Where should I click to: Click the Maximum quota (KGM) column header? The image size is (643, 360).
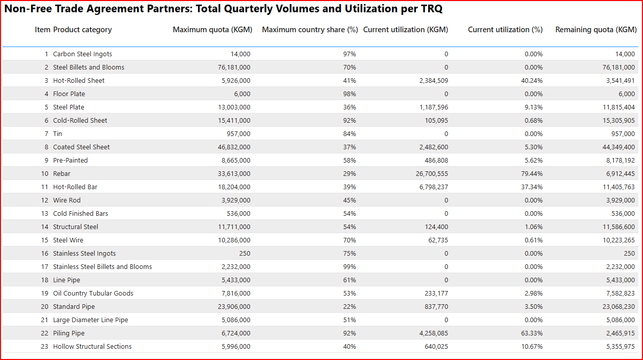click(212, 30)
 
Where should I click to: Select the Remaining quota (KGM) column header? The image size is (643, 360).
click(595, 30)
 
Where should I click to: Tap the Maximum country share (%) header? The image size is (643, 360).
click(309, 30)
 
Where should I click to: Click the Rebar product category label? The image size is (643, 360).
click(62, 174)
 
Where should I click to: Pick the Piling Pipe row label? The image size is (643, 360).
click(69, 333)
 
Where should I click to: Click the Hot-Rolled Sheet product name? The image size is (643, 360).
click(79, 81)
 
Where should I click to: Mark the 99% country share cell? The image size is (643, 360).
click(350, 267)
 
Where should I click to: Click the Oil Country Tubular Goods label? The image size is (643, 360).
click(93, 294)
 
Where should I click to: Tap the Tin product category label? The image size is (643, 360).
click(57, 134)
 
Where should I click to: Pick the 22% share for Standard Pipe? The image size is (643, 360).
click(350, 307)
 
